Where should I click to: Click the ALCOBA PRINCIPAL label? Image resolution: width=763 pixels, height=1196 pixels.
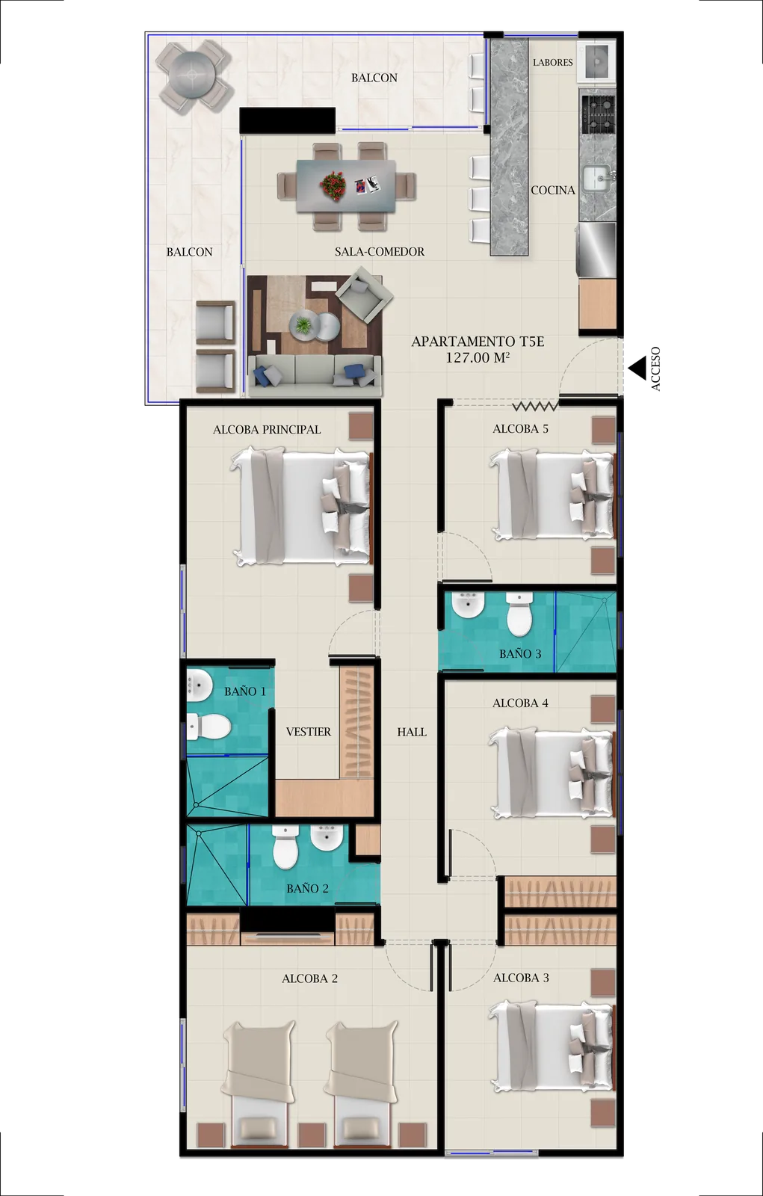point(267,430)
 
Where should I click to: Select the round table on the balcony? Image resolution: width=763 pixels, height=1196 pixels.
point(194,75)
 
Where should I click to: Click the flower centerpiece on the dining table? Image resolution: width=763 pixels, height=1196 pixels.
point(333,185)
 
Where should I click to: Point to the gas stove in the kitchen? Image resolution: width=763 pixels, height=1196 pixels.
point(598,114)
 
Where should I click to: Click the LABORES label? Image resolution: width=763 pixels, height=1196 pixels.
point(553,63)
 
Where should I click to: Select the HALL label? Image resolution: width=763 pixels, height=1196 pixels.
point(412,733)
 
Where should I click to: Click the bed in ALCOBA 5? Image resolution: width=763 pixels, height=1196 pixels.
point(553,494)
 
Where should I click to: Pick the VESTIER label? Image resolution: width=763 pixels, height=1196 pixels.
point(309,732)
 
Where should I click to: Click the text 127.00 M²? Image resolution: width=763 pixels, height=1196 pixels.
point(478,358)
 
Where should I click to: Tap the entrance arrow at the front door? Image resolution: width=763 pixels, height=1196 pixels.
point(639,369)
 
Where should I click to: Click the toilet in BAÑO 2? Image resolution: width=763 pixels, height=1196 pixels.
point(285,849)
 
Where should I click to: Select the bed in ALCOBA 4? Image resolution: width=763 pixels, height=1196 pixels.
point(553,773)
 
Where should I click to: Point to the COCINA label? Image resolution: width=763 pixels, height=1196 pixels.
point(553,191)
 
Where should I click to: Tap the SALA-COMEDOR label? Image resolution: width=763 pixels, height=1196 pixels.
point(380,252)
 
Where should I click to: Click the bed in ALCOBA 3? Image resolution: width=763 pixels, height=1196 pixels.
point(553,1047)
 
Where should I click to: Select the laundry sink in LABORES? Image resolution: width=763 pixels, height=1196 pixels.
point(599,61)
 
